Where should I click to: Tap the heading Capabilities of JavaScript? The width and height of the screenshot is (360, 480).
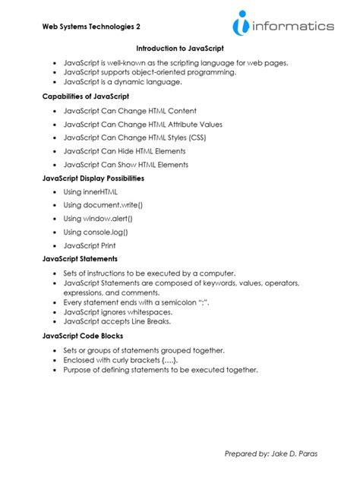[x=85, y=96]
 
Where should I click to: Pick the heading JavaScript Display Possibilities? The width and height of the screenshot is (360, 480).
[x=93, y=178]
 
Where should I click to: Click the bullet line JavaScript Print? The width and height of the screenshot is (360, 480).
[x=90, y=246]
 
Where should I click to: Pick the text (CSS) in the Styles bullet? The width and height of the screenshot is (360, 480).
[x=195, y=137]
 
